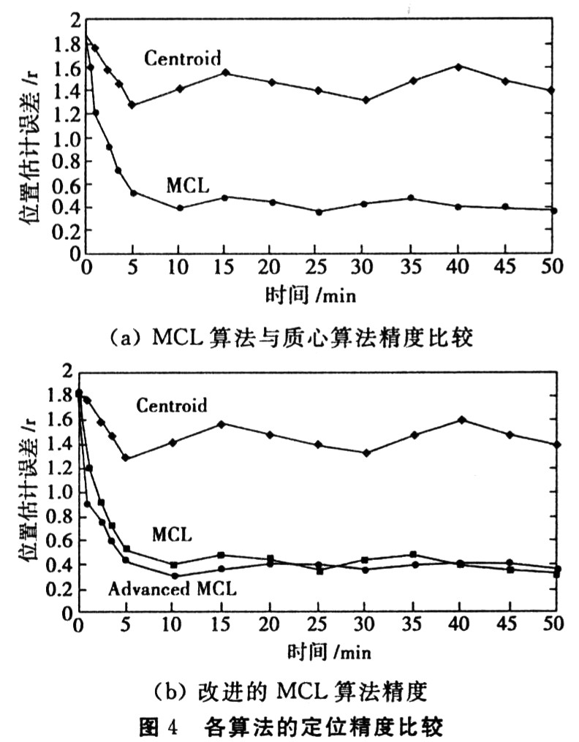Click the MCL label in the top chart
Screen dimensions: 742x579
[187, 186]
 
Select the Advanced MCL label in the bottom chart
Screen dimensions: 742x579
[173, 587]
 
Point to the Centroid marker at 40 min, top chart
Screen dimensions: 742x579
[458, 67]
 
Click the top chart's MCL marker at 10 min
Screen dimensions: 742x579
[179, 208]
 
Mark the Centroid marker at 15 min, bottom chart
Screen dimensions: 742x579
[220, 424]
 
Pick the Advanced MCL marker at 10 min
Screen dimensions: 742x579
[174, 575]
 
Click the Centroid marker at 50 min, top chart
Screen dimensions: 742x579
[552, 90]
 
